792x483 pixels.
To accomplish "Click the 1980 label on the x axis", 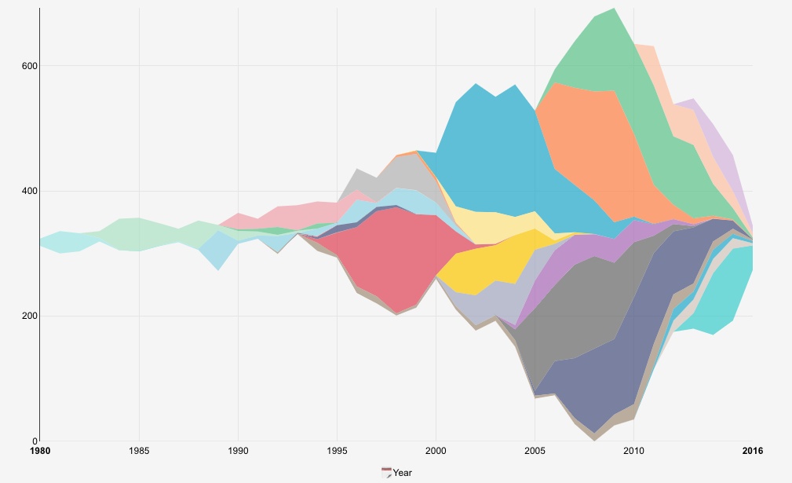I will (x=39, y=451).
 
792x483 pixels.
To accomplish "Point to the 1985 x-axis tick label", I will (x=139, y=451).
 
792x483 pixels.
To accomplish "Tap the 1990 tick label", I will (x=238, y=451).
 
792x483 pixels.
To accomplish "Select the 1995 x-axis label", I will (x=337, y=451).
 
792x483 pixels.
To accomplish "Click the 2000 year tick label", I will (x=436, y=451).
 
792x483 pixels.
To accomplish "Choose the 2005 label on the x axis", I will (x=535, y=451).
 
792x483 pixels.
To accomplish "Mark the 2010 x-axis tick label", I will (x=633, y=451).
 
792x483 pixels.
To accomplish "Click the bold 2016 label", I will (x=752, y=451).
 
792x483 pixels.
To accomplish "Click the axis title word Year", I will (x=403, y=473).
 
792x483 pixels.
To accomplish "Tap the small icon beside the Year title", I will (x=386, y=473).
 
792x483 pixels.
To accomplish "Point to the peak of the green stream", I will (x=613, y=9).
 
